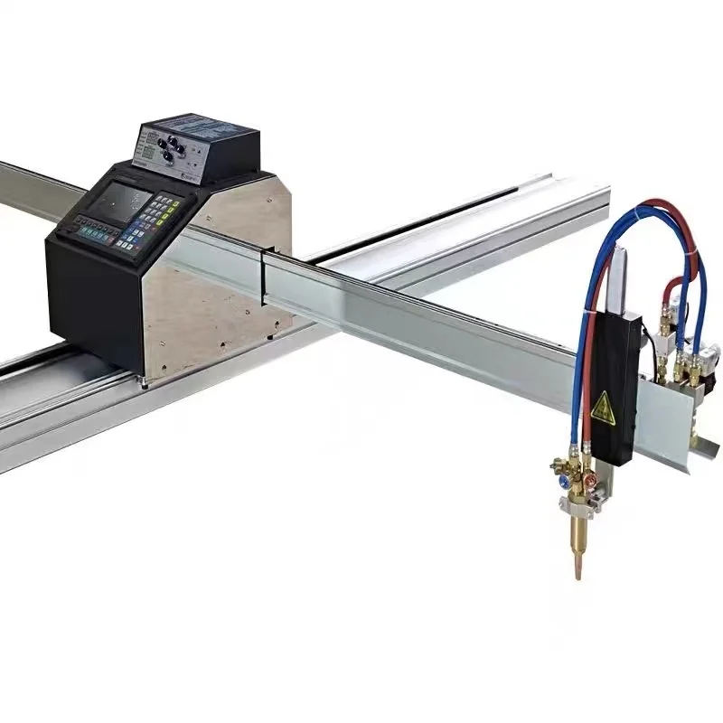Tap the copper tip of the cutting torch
coord(576,566)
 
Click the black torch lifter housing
coord(615,380)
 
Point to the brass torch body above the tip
coord(577,529)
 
